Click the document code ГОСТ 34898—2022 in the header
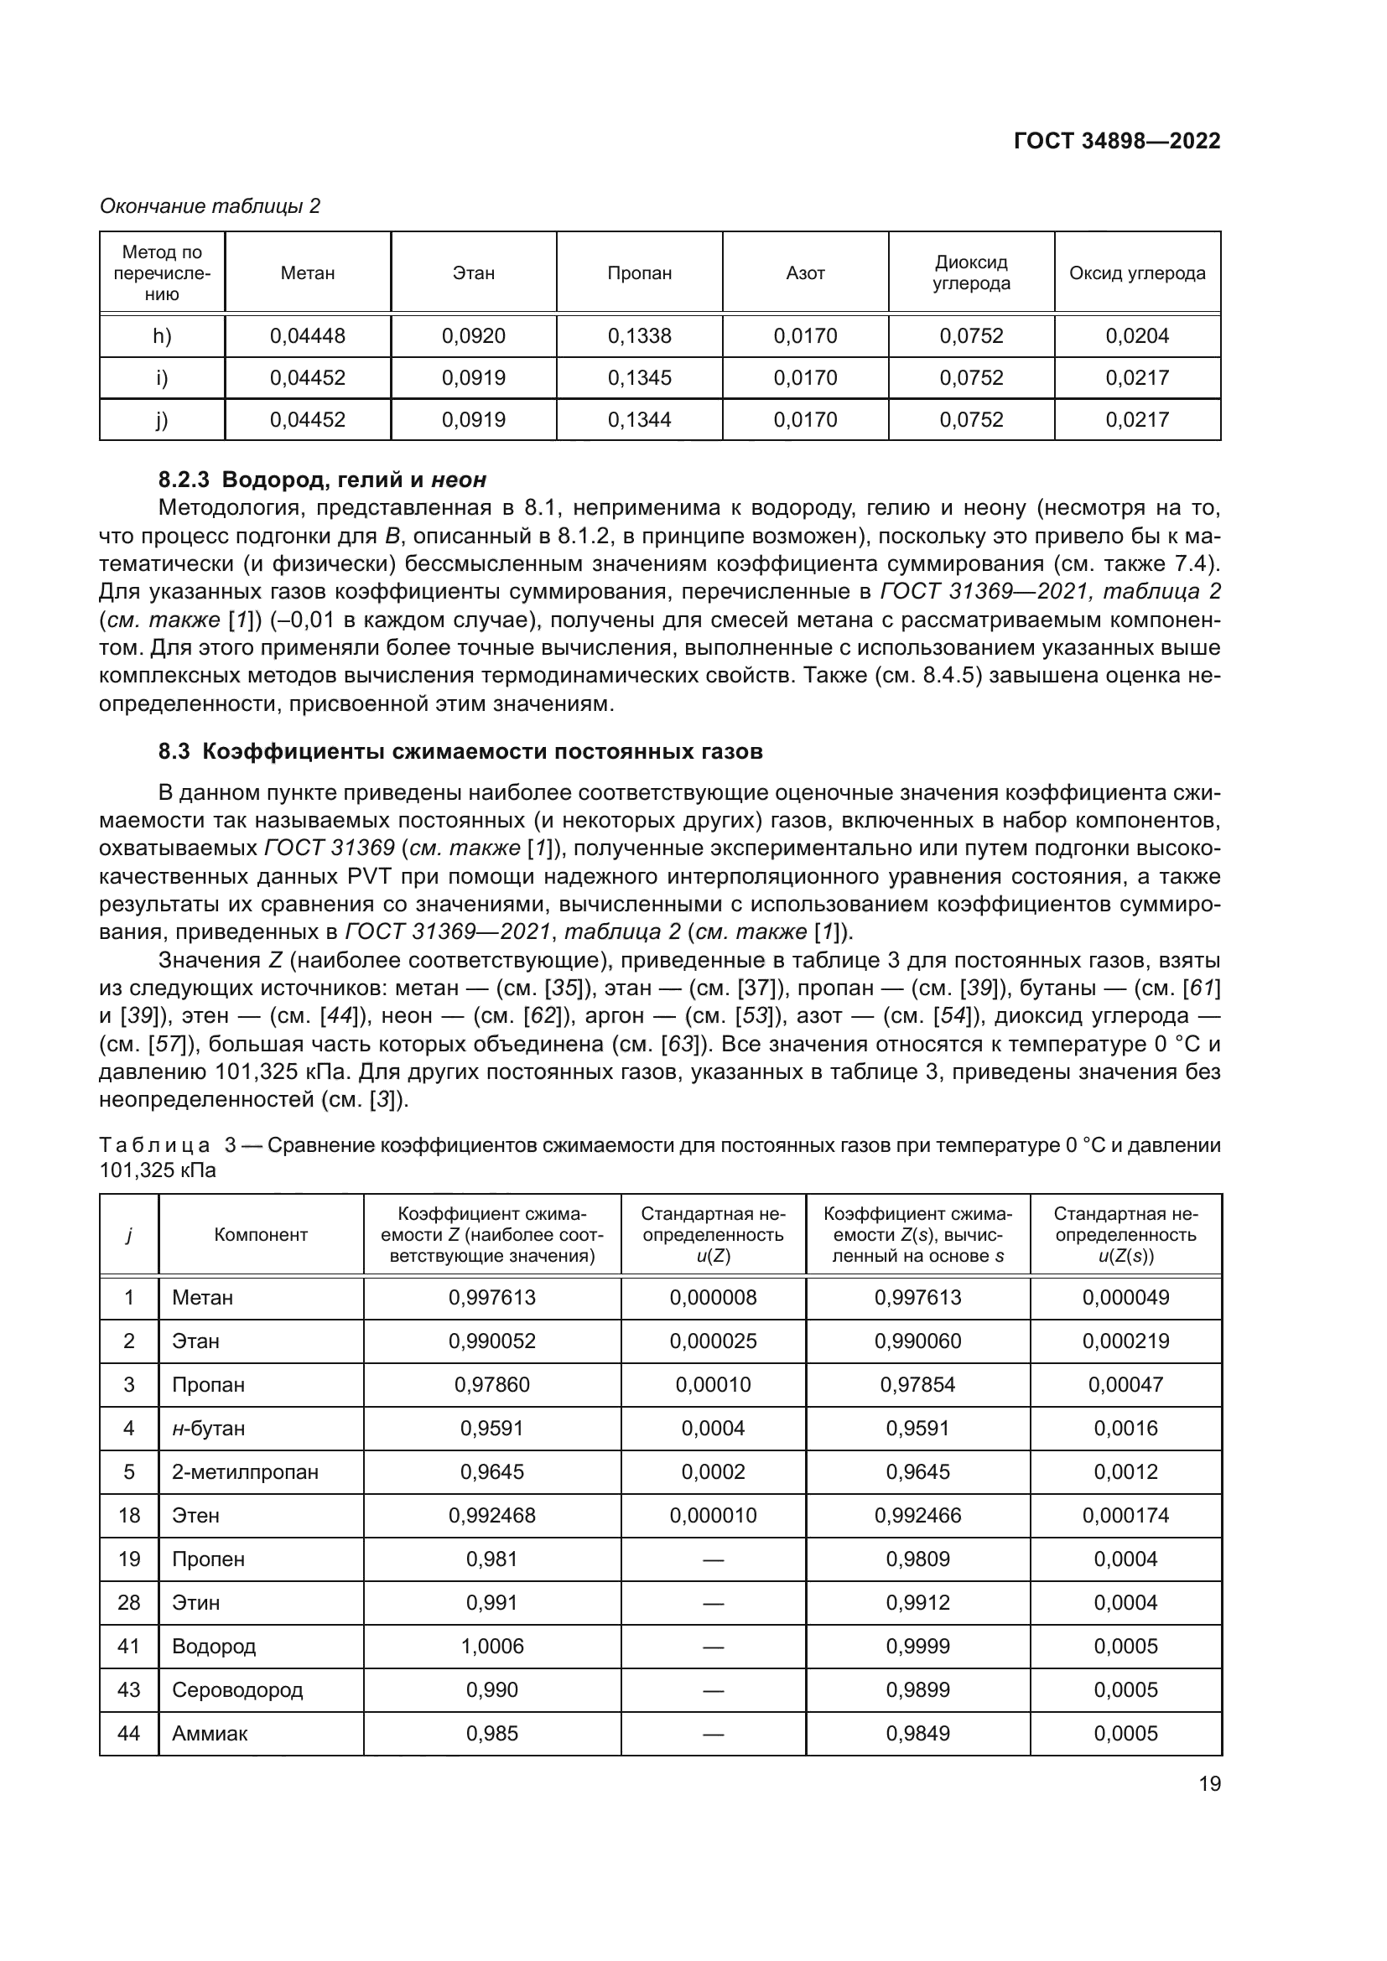[1116, 141]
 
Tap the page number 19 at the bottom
[1209, 1784]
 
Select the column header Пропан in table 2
[639, 273]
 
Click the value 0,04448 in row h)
[308, 335]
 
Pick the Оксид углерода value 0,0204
[1137, 335]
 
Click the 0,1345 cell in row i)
[639, 377]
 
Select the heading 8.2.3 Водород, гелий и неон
[322, 480]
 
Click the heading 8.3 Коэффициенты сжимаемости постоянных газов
[460, 751]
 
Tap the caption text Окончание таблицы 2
[210, 206]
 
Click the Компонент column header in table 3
[261, 1234]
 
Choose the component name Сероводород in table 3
[236, 1689]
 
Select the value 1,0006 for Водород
[492, 1646]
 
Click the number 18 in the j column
[129, 1515]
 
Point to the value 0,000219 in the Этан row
[1125, 1341]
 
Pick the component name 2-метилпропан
[244, 1471]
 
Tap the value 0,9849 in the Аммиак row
[917, 1733]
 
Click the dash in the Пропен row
[712, 1559]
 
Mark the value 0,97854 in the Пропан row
[917, 1384]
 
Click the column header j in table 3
[128, 1234]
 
